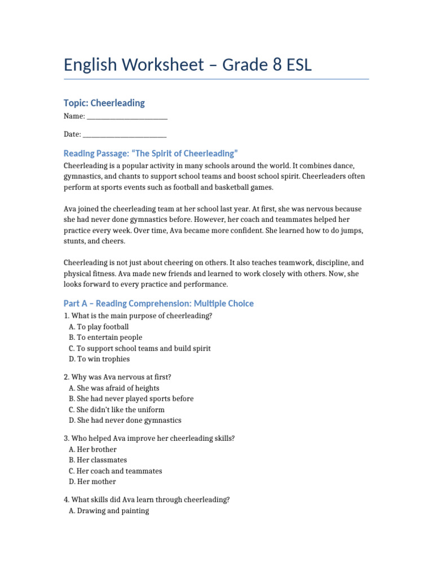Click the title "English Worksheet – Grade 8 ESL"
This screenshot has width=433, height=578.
[187, 65]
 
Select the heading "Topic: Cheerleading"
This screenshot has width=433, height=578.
[104, 103]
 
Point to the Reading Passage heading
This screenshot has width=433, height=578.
[151, 154]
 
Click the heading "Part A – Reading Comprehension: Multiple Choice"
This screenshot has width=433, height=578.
[158, 304]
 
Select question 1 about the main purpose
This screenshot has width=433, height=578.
[138, 316]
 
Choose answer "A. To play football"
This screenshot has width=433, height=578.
[99, 327]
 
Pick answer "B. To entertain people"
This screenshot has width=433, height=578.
[105, 338]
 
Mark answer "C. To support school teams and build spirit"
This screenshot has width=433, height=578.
[139, 348]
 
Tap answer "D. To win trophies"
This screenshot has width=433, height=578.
[99, 359]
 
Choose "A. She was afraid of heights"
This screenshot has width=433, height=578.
[114, 388]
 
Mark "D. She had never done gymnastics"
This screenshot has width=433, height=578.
[125, 421]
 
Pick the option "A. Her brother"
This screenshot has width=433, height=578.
[92, 449]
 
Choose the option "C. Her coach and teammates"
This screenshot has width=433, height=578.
[115, 471]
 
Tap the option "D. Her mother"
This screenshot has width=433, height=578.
[92, 481]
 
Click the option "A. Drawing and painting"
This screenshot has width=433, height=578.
[109, 511]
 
